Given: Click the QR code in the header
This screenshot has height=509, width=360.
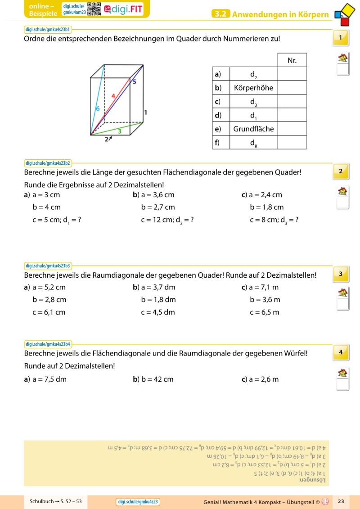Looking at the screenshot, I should point(94,9).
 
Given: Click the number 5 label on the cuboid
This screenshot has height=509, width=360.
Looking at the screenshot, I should point(134,82).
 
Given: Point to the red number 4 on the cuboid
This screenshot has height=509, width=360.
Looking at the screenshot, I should point(113,96).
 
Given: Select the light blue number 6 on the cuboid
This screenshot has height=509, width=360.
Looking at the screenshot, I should point(97,108).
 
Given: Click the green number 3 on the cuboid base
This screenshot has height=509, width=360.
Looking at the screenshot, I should point(119,131).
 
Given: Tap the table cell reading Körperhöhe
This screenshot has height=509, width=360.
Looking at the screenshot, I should point(253,87).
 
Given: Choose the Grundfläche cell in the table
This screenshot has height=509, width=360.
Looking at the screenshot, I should point(253,129).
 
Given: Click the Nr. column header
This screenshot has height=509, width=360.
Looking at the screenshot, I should point(292,60).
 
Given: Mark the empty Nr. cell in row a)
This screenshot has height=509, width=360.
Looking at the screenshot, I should point(292,74).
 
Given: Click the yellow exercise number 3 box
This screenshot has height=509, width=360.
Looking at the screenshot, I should point(341,274).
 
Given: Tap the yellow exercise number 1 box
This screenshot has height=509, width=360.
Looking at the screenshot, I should point(341,37).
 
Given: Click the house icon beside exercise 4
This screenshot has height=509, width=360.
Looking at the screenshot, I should point(342,373).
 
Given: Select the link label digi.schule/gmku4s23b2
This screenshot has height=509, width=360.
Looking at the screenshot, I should point(48,163).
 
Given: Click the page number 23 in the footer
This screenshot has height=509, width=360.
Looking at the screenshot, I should point(341,501).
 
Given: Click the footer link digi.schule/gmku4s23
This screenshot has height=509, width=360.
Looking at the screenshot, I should point(138,502).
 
